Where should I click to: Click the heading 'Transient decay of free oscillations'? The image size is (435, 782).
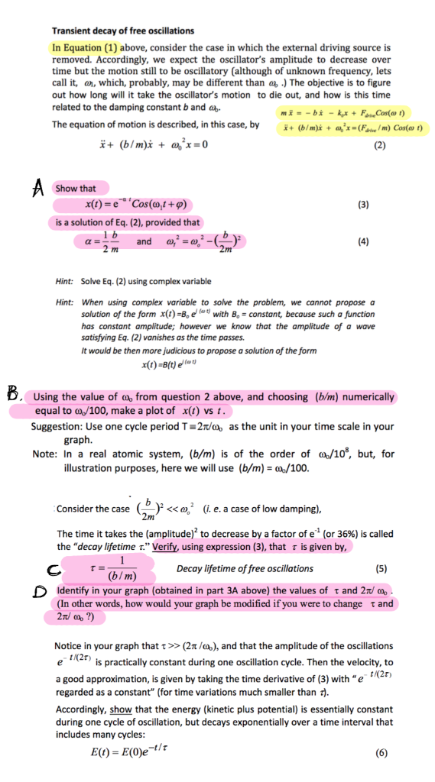(x=122, y=31)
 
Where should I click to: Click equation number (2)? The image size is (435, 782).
(x=380, y=146)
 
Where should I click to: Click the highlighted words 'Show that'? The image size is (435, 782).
(x=76, y=189)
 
